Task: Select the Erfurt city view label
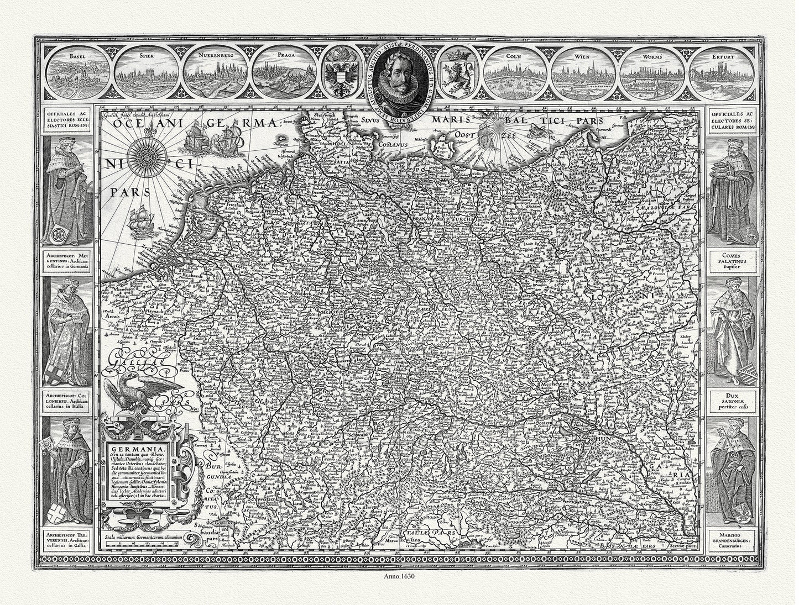click(x=723, y=56)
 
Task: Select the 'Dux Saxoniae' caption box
click(x=733, y=400)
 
